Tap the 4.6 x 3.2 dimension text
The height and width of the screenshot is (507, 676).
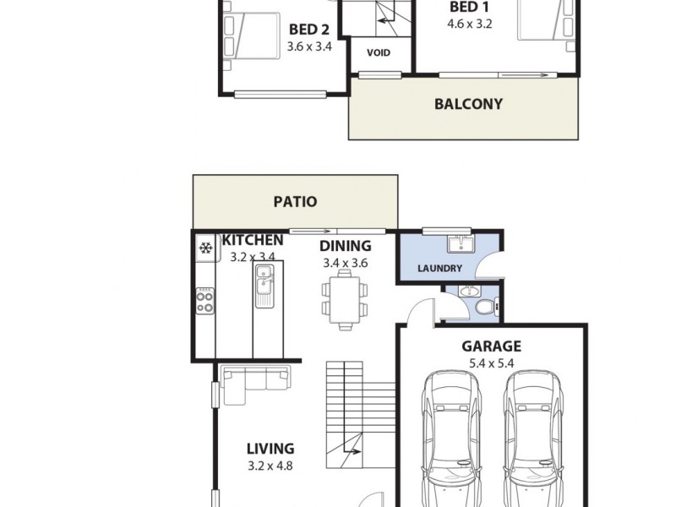[469, 24]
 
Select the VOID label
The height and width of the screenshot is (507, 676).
[379, 52]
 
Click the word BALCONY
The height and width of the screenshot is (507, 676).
[468, 105]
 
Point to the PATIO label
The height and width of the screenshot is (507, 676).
[295, 202]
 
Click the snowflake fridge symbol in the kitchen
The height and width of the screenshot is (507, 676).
[204, 248]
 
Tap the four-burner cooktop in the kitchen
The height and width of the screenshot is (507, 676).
[204, 300]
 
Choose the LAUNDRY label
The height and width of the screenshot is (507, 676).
[440, 269]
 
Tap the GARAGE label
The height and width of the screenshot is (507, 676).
[491, 346]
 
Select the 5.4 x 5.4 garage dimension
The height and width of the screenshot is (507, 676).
[491, 364]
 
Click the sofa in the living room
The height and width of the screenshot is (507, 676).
[254, 379]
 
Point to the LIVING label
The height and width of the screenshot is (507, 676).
[270, 449]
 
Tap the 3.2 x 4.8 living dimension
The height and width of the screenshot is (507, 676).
[270, 466]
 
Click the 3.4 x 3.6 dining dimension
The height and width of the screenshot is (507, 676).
[346, 263]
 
